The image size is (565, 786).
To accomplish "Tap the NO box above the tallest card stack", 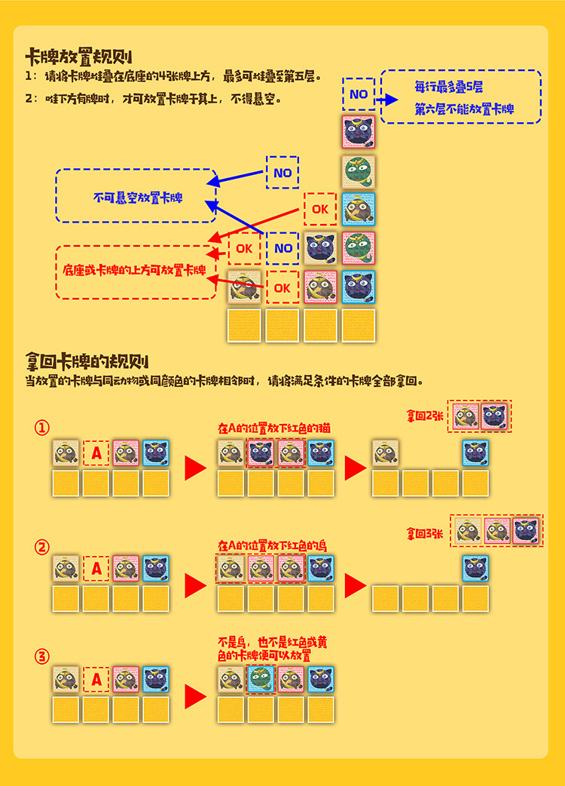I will point(359,94).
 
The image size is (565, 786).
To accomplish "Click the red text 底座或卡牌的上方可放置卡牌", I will point(135,270).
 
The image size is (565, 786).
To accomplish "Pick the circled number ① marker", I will point(42,428).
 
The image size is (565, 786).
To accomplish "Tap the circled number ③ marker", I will point(42,656).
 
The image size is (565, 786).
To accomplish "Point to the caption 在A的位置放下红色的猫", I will point(274,428).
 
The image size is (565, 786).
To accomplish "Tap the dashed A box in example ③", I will point(96,680).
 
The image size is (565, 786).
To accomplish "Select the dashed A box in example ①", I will point(96,453).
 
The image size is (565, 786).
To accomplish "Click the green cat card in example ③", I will point(261,680).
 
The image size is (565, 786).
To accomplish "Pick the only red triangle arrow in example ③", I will point(195,695).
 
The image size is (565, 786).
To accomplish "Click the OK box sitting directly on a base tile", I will point(282,287).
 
